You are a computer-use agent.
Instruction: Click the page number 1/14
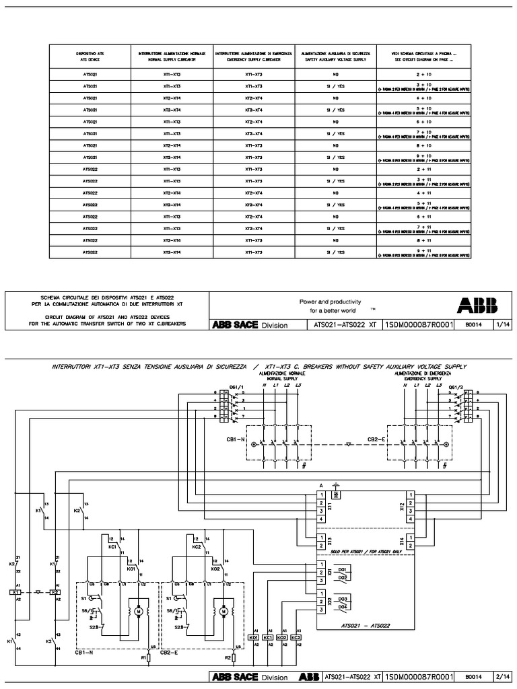pos(502,324)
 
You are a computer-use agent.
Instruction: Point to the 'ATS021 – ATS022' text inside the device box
pos(362,625)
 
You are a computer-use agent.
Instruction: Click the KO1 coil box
pos(254,637)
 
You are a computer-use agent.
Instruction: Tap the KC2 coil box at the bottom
pos(296,637)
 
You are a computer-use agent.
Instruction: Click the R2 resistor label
pos(228,657)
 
